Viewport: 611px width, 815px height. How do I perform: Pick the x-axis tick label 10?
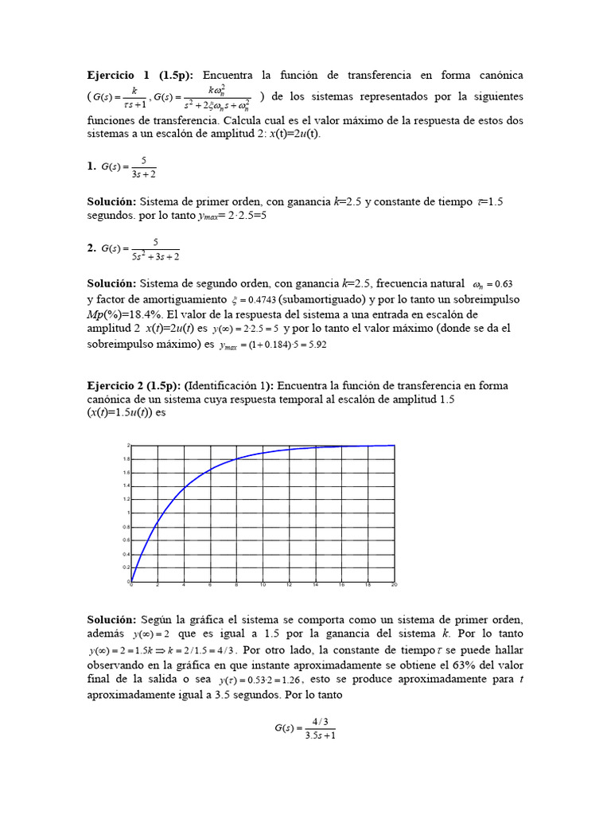[263, 586]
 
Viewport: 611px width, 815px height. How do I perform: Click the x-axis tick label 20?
[394, 586]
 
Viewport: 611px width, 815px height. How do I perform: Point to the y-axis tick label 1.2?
[126, 499]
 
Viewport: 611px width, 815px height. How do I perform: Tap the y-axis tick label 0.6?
[126, 540]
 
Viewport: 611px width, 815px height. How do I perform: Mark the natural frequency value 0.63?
[504, 284]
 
